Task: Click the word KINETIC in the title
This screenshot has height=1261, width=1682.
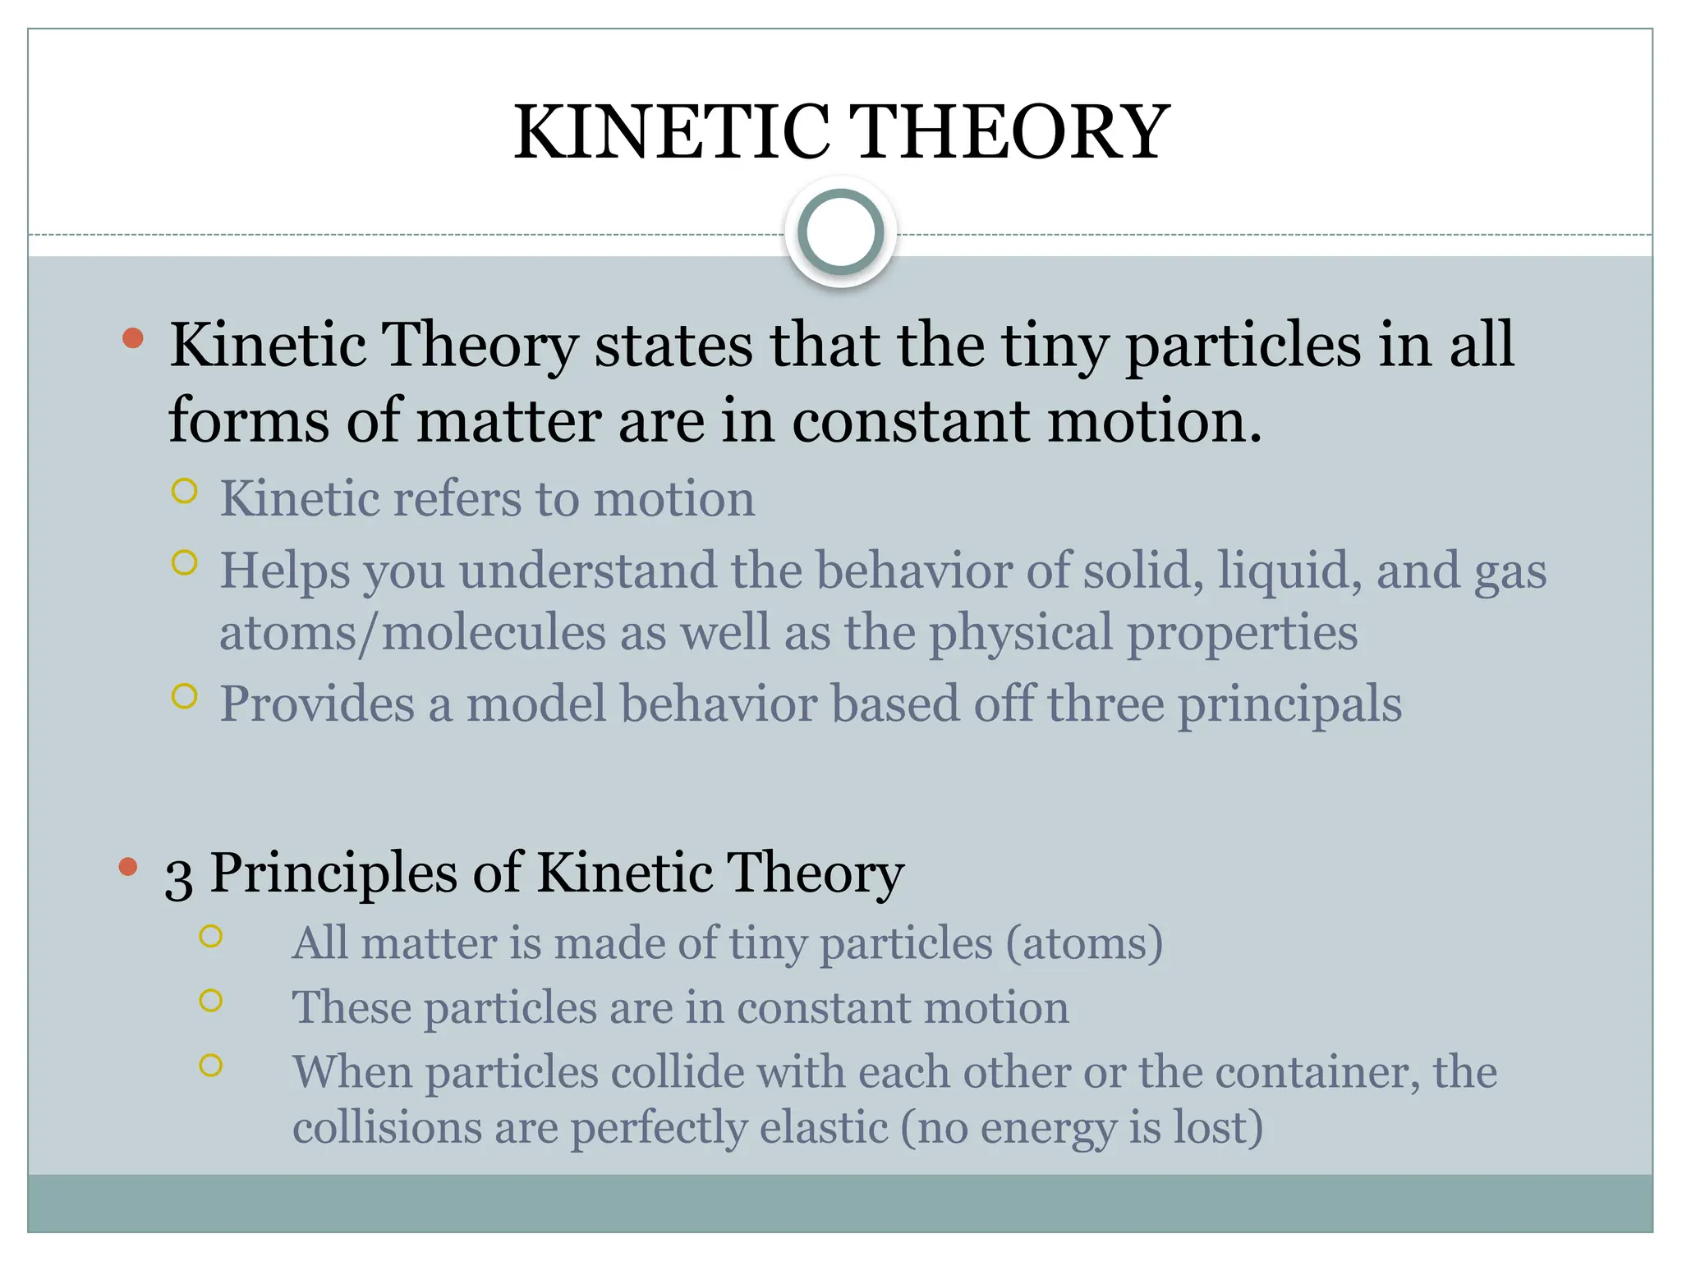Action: [x=672, y=132]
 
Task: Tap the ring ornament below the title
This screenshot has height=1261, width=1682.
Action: [x=840, y=232]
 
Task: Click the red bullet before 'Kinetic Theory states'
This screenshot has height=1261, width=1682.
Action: [x=133, y=338]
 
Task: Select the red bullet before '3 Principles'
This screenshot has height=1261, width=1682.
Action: [x=127, y=867]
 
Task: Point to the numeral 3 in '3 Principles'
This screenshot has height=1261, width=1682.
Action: [x=178, y=877]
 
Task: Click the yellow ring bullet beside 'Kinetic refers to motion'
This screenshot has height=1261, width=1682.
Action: [x=185, y=491]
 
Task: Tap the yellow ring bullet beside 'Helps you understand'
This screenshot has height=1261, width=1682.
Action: [x=185, y=563]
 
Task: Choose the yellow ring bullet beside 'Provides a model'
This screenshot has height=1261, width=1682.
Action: [x=185, y=696]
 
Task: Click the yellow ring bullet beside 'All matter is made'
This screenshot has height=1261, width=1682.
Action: [x=211, y=936]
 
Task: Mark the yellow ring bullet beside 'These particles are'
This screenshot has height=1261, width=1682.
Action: [x=211, y=1000]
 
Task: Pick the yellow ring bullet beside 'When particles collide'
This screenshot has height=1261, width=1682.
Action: [x=211, y=1065]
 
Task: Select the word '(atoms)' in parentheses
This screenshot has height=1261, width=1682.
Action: [x=1084, y=943]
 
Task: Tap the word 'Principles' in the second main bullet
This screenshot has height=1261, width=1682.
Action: [x=333, y=874]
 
